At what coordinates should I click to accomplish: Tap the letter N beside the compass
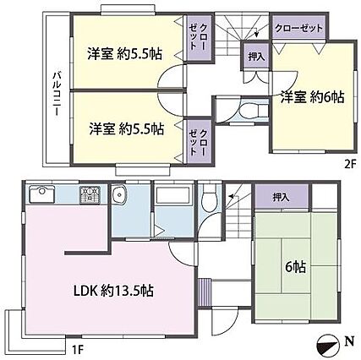(x=350, y=341)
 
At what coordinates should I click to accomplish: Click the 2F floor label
(x=351, y=164)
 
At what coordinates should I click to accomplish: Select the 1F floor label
(x=78, y=350)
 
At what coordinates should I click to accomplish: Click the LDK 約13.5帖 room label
(x=113, y=290)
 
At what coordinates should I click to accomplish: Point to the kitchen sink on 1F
(x=42, y=194)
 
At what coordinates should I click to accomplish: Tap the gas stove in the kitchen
(x=90, y=195)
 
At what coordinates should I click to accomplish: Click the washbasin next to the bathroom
(x=119, y=194)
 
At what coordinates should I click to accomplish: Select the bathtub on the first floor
(x=173, y=194)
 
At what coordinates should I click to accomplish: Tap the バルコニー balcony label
(x=57, y=94)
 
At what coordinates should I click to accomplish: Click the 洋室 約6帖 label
(x=312, y=97)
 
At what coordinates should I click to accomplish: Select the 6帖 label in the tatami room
(x=295, y=267)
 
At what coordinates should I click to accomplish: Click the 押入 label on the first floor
(x=282, y=198)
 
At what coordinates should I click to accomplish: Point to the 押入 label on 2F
(x=257, y=57)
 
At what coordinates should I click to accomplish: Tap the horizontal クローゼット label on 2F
(x=298, y=28)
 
